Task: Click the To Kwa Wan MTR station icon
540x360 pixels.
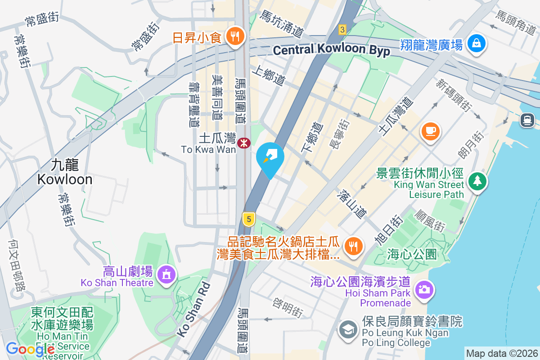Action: tap(244, 143)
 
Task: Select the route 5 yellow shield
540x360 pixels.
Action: tap(248, 220)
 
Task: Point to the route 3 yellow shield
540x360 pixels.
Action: tap(342, 30)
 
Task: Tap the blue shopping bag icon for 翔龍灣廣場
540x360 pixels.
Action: tap(475, 44)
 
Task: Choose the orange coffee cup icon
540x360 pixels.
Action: tap(431, 131)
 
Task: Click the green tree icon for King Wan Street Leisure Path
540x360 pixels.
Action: tap(476, 181)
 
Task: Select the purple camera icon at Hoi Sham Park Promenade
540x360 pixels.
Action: tap(423, 289)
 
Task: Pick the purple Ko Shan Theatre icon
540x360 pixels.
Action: tap(166, 274)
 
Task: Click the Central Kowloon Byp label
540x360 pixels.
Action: tap(331, 50)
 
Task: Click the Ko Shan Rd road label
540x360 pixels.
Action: tap(193, 310)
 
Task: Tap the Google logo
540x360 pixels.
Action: tap(30, 349)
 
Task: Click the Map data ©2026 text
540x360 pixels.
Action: tap(502, 353)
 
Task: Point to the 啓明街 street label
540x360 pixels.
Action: tap(288, 308)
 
